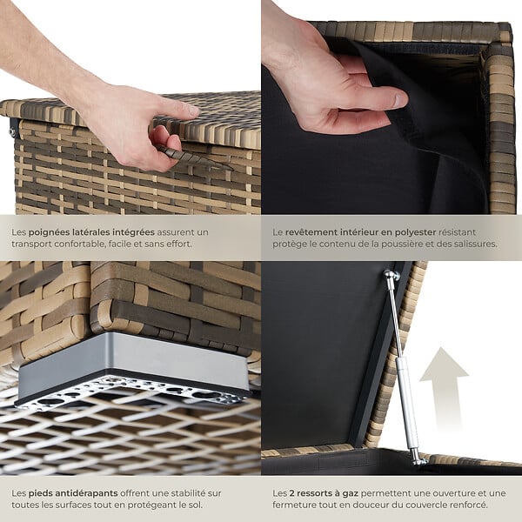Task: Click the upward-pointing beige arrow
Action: click(x=444, y=390)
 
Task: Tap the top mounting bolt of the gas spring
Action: click(x=391, y=275)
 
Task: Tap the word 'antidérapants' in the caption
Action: click(x=73, y=493)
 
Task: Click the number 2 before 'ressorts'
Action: click(x=291, y=493)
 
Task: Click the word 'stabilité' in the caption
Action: click(x=184, y=493)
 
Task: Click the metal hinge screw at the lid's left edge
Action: click(x=12, y=132)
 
